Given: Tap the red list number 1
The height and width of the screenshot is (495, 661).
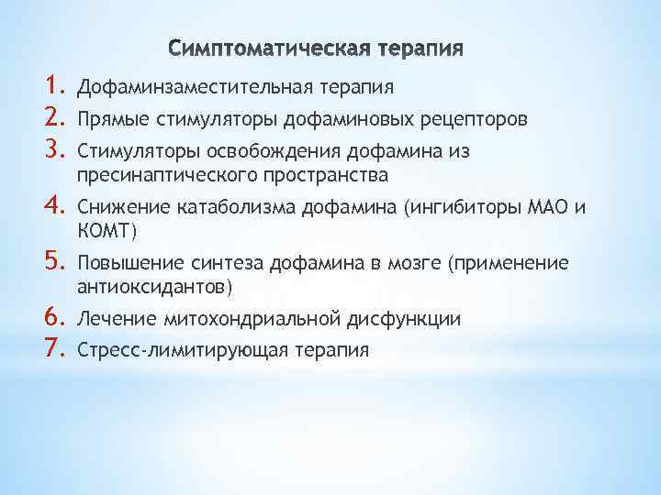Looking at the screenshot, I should click(x=52, y=87).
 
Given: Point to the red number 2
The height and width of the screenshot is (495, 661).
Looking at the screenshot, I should click(x=52, y=117).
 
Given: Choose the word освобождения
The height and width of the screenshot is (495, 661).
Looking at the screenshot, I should click(x=250, y=148).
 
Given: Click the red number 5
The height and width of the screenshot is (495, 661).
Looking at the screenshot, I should click(x=52, y=263).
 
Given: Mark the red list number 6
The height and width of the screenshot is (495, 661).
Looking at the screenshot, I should click(x=52, y=318).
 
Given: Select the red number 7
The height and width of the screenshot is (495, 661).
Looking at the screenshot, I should click(x=52, y=348).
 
